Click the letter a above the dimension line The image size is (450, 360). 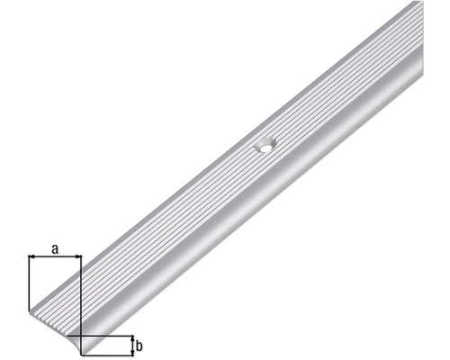pos(55,249)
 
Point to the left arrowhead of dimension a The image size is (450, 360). pos(33,258)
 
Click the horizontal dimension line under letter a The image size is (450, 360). pos(55,258)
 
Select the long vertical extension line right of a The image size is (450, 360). pos(81,297)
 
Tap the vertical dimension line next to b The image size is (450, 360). pos(131,344)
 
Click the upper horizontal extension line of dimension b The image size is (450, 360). pos(108,335)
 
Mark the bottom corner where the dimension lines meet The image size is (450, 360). pos(81,353)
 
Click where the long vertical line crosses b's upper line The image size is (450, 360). pos(81,335)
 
